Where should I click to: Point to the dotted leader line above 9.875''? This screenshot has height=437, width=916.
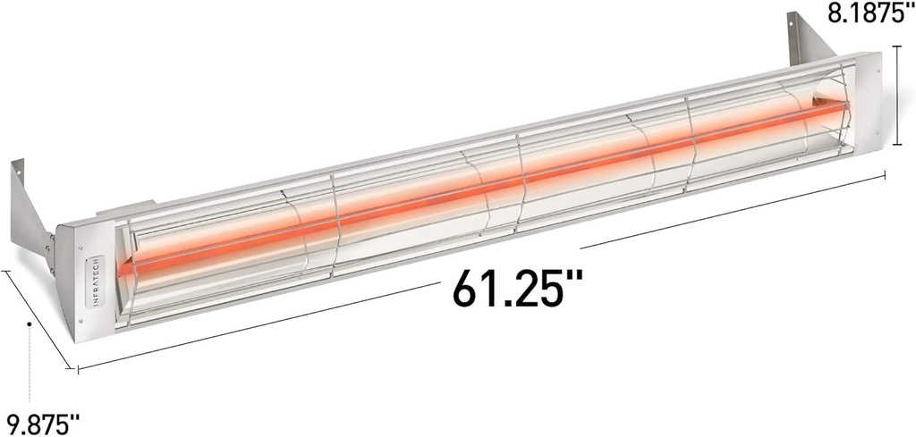(30, 366)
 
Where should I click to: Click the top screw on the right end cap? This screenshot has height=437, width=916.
(869, 70)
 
